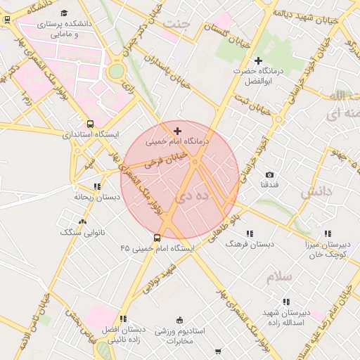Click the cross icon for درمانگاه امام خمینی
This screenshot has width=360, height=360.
177,130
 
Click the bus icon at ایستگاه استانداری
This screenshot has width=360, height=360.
89,124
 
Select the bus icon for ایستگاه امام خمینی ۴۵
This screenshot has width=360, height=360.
156,238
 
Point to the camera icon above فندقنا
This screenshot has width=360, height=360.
269,174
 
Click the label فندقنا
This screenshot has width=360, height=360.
269,184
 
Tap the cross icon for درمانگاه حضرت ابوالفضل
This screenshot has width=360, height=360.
258,61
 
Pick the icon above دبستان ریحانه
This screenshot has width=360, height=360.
96,187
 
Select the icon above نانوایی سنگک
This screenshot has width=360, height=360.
83,221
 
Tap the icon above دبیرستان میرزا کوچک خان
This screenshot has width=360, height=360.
328,233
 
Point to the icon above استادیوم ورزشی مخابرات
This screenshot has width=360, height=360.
180,320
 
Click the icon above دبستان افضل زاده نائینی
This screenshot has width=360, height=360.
124,319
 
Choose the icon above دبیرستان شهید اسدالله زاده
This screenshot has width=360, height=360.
286,302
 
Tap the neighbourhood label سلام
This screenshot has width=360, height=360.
279,276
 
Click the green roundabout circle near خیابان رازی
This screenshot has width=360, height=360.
116,71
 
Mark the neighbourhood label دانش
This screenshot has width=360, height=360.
316,191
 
